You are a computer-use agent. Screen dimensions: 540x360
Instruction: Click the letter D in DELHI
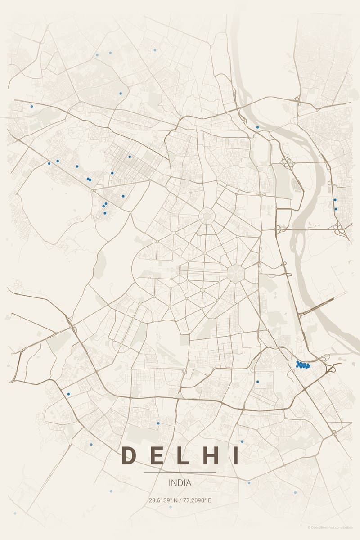click(129, 455)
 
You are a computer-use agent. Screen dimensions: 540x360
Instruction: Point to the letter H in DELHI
click(209, 455)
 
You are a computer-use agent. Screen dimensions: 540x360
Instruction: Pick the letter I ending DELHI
click(234, 455)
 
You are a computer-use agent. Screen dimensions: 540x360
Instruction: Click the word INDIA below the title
click(180, 483)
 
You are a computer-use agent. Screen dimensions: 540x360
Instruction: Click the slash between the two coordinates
click(180, 500)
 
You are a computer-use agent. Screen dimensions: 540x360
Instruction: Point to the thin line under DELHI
click(180, 472)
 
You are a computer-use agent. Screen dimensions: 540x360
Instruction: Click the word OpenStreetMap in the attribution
click(326, 527)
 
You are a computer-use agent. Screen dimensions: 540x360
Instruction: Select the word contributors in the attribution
click(345, 527)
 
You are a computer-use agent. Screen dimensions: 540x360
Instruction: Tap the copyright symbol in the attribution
click(309, 527)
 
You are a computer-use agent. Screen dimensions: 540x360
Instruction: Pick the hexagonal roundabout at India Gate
click(235, 273)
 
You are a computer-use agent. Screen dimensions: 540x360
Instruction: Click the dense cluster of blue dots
click(302, 365)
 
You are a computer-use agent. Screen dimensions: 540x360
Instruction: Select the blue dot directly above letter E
click(158, 423)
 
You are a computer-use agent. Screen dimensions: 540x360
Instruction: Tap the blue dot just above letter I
click(242, 441)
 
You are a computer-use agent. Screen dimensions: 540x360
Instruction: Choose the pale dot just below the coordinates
click(170, 507)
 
